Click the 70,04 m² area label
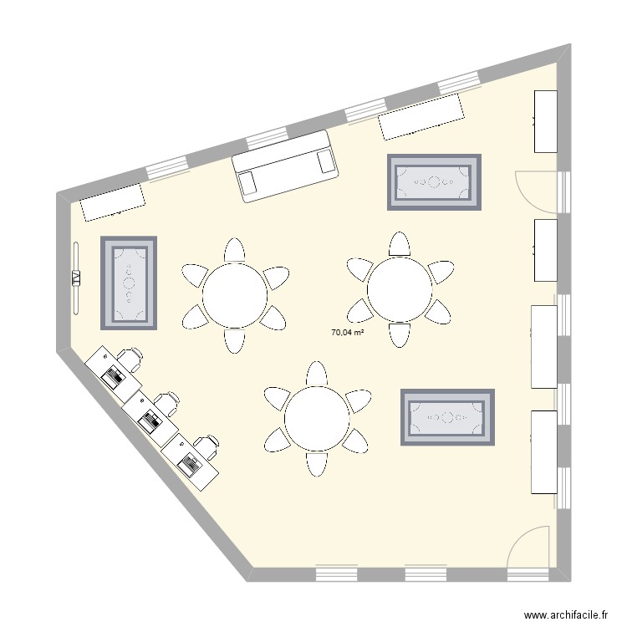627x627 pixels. click(x=348, y=332)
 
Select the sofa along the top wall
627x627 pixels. click(x=285, y=166)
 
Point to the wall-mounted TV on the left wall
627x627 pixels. click(x=76, y=278)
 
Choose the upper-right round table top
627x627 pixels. click(x=400, y=288)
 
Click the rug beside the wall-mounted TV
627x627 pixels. click(x=129, y=283)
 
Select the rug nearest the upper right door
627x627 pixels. click(x=434, y=181)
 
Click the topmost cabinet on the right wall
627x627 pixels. click(x=545, y=120)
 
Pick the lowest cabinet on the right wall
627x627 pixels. click(x=544, y=451)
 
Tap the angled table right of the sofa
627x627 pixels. click(x=422, y=116)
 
